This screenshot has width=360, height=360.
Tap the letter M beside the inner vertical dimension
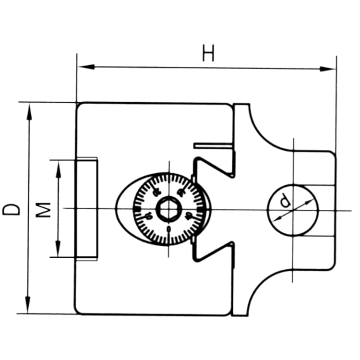pyautogui.click(x=44, y=210)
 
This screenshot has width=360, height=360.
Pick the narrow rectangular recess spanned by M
pyautogui.click(x=87, y=208)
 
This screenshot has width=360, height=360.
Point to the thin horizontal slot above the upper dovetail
pyautogui.click(x=213, y=145)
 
